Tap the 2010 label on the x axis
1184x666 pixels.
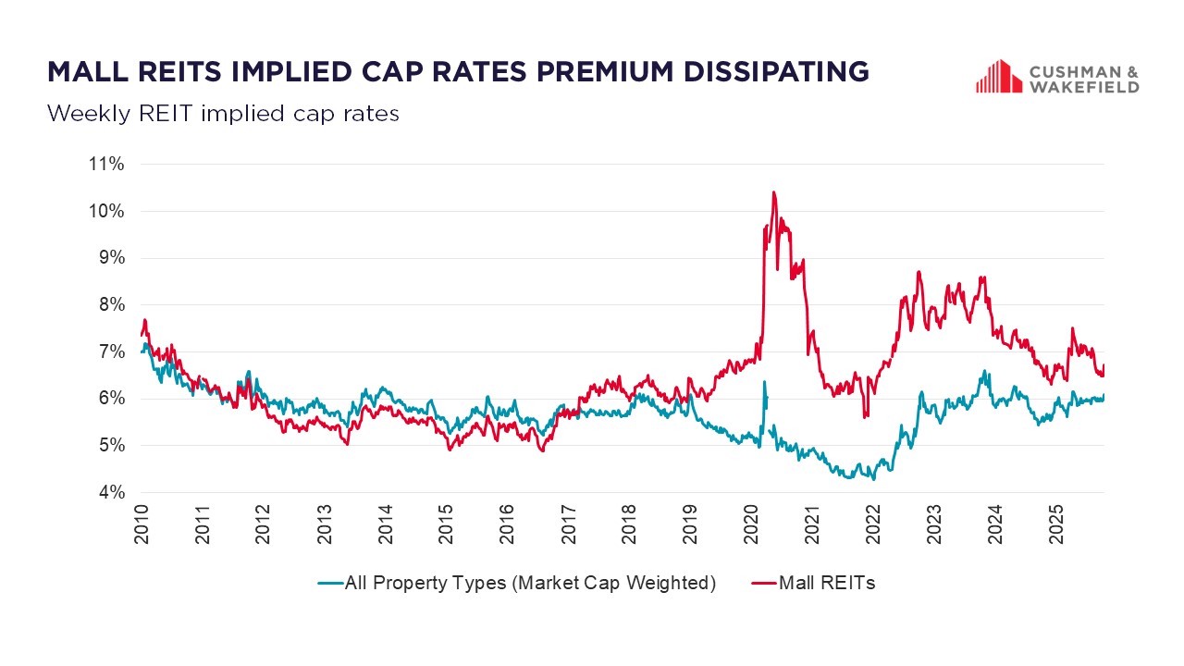coord(142,523)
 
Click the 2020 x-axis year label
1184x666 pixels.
coord(751,523)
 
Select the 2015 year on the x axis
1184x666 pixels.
coord(446,523)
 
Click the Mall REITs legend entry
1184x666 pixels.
coord(826,583)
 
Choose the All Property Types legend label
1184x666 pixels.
coord(530,583)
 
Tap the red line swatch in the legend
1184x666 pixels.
coord(763,584)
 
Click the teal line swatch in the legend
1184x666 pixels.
coord(330,584)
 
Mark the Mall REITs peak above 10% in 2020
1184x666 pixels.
coord(773,192)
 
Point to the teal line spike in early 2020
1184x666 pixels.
coord(764,381)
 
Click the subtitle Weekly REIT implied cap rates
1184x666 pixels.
coord(223,114)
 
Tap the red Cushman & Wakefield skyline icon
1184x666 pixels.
coord(997,77)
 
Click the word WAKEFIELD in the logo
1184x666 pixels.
coord(1084,87)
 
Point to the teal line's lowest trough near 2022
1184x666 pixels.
coord(873,478)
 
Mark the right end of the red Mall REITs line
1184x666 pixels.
coord(1104,366)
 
